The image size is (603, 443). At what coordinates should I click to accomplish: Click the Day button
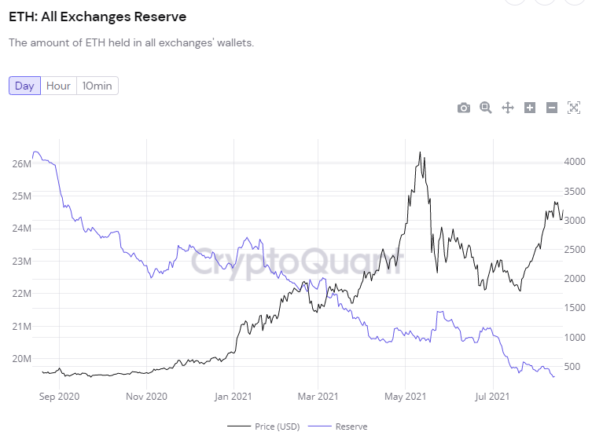tap(24, 86)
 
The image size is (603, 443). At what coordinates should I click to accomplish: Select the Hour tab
tap(58, 86)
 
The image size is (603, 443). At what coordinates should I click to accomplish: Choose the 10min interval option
tap(97, 86)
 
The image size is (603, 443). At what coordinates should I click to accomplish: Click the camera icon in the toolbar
tap(464, 108)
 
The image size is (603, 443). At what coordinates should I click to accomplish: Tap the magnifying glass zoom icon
tap(486, 108)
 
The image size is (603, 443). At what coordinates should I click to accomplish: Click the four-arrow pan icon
tap(508, 108)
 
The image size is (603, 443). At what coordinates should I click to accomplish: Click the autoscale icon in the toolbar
tap(574, 108)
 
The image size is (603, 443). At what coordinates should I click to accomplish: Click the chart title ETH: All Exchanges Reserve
tap(97, 16)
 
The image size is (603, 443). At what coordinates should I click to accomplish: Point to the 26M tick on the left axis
tap(21, 163)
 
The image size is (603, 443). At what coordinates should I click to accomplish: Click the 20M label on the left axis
tap(21, 359)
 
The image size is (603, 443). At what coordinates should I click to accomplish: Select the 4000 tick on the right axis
tap(574, 162)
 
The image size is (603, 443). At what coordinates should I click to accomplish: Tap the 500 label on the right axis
tap(572, 367)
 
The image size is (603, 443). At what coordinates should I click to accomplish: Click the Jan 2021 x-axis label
tap(233, 397)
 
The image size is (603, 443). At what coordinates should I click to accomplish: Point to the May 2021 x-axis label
tap(405, 397)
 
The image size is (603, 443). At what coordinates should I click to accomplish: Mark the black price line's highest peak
tap(420, 152)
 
